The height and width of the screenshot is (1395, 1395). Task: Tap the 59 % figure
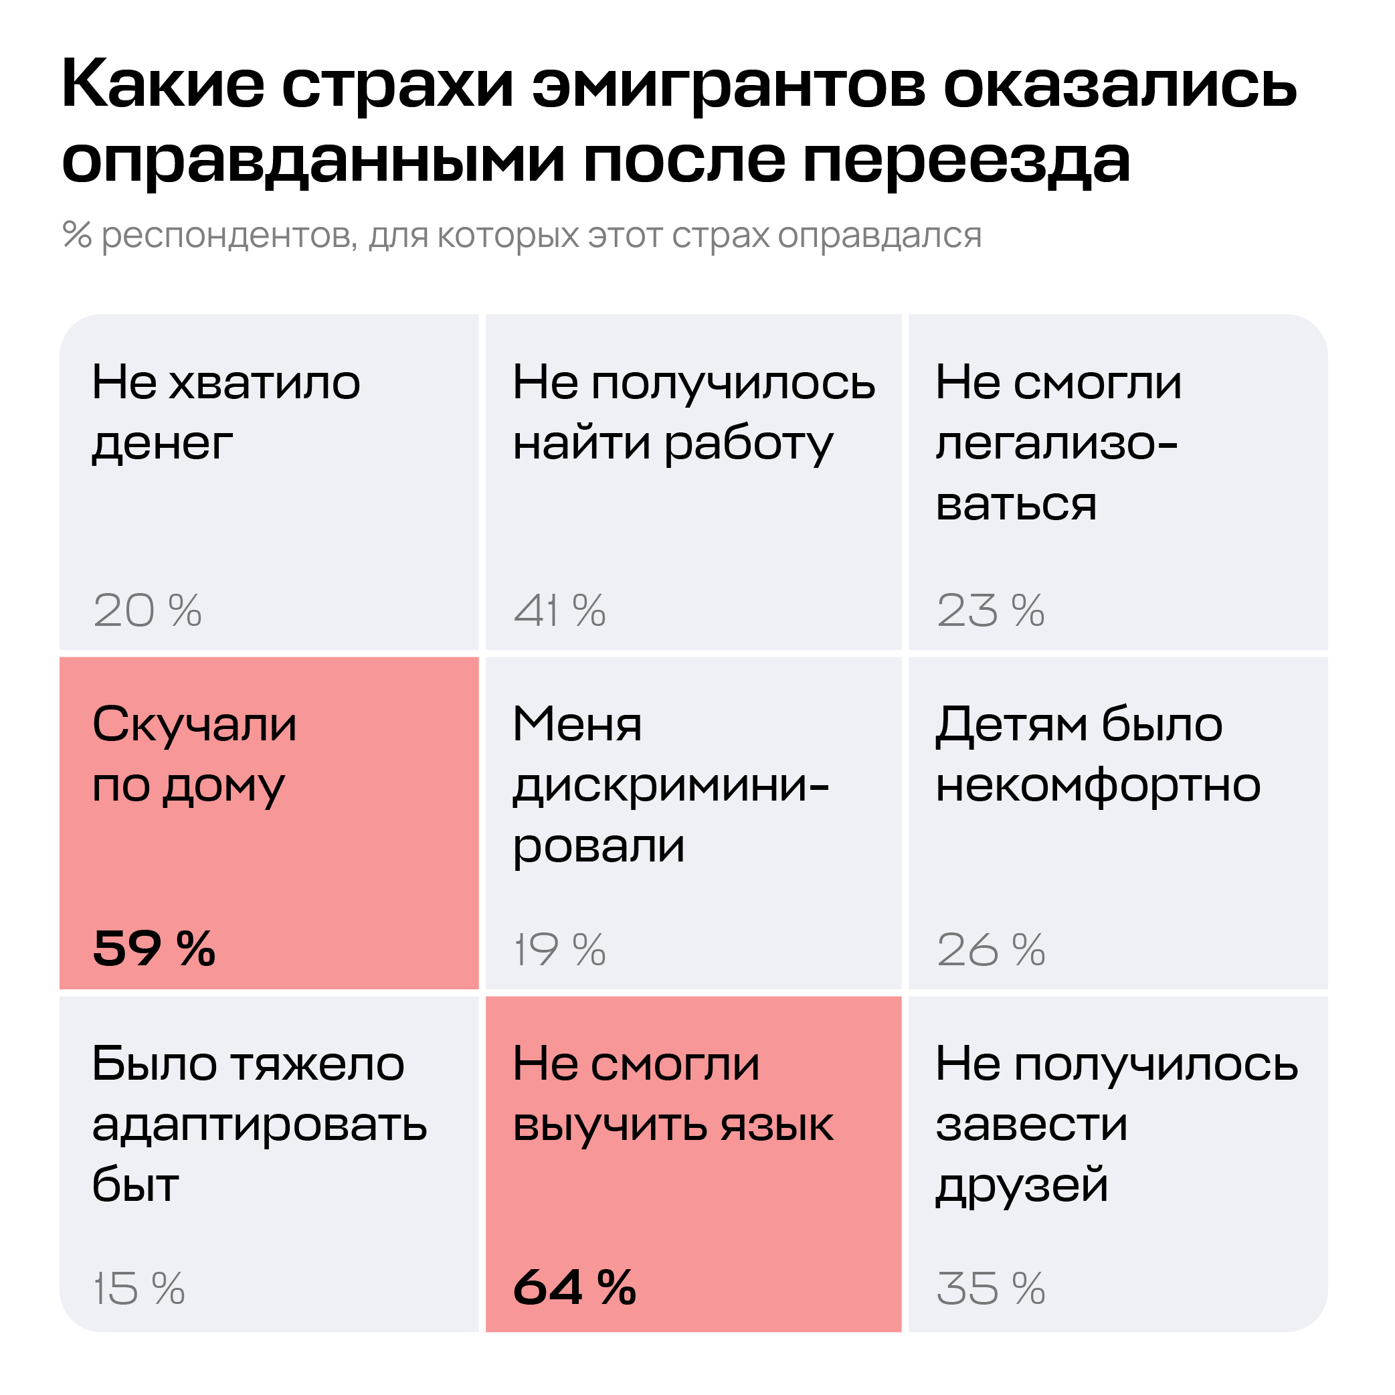click(x=154, y=948)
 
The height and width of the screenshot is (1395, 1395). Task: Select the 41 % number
click(x=559, y=610)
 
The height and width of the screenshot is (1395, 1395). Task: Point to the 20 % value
click(x=147, y=610)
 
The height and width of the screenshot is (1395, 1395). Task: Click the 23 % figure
click(x=990, y=610)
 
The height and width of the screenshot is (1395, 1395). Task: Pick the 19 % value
click(x=559, y=949)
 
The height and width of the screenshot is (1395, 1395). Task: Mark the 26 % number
click(x=990, y=949)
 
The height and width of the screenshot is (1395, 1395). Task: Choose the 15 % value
click(x=139, y=1288)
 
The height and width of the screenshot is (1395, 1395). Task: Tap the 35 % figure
click(x=990, y=1288)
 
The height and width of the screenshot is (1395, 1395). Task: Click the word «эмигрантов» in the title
click(x=729, y=86)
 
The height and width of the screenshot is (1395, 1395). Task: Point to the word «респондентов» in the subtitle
click(x=229, y=236)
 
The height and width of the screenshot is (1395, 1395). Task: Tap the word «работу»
click(x=748, y=445)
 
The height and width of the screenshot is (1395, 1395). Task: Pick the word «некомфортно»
click(x=1097, y=786)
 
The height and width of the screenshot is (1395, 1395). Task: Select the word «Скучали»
click(x=194, y=724)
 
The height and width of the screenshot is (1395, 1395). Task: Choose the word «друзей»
click(x=1022, y=1186)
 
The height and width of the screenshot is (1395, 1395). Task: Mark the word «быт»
click(x=135, y=1185)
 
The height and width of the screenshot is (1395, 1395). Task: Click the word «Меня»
click(x=577, y=724)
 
